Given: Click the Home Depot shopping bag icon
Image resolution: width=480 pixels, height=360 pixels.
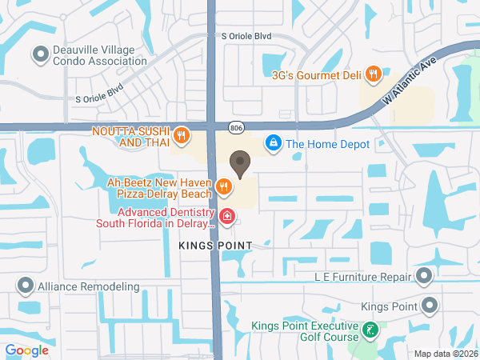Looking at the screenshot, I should click(274, 143).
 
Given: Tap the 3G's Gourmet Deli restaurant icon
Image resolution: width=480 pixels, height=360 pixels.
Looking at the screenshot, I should click(373, 75).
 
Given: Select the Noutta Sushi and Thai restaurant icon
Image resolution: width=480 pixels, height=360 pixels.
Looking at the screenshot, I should click(182, 135).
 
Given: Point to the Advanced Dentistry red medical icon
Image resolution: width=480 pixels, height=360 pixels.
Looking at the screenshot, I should click(226, 217).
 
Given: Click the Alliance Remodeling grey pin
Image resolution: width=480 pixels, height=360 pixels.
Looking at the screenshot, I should click(26, 286).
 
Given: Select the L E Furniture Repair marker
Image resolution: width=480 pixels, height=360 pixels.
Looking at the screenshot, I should click(424, 277).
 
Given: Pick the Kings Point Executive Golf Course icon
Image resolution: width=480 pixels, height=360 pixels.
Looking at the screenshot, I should click(370, 330).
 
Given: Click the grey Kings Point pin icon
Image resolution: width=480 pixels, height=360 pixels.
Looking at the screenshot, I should click(430, 306).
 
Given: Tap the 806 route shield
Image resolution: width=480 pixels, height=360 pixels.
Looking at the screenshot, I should click(235, 127).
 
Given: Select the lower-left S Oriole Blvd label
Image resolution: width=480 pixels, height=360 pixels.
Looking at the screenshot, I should click(99, 93).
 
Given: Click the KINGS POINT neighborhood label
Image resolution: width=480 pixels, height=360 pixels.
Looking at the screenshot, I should click(215, 245).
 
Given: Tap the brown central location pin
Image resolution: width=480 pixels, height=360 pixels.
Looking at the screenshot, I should click(238, 164).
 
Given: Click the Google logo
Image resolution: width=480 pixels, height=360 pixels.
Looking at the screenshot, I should click(26, 350).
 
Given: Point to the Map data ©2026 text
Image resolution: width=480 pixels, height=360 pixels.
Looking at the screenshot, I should click(445, 354).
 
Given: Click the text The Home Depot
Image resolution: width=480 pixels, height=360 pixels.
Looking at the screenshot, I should click(328, 144).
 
